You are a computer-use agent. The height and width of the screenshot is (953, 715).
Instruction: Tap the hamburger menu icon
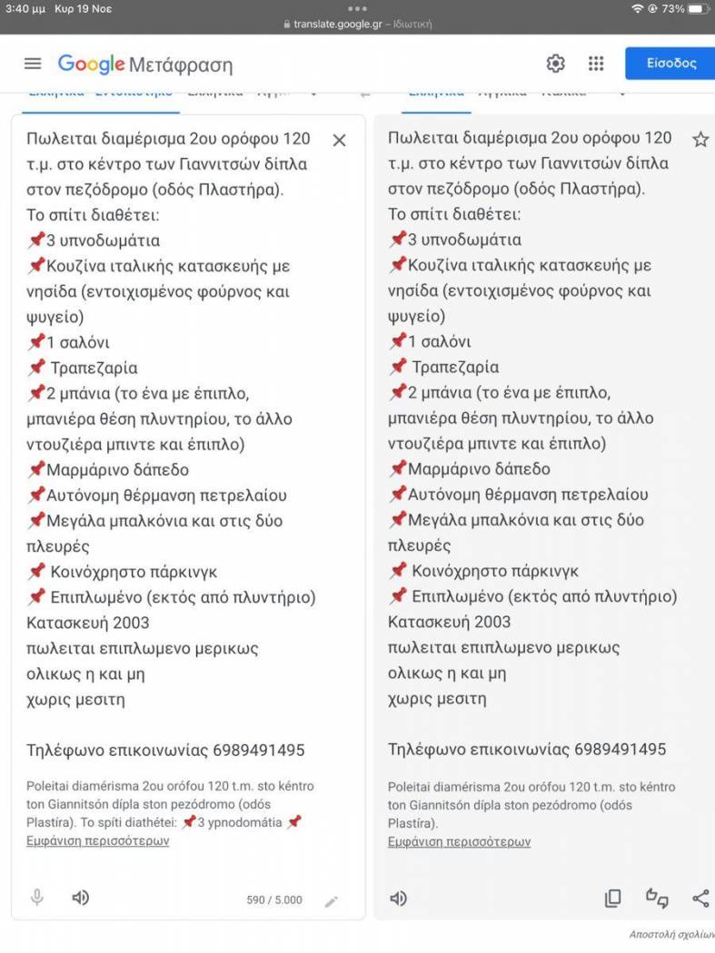tap(33, 64)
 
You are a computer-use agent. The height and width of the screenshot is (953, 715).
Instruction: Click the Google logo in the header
tap(91, 64)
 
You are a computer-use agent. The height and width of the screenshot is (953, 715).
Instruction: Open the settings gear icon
tap(555, 64)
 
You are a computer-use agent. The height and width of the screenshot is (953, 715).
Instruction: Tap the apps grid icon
tap(596, 64)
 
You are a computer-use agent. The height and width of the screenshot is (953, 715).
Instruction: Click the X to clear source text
tap(339, 140)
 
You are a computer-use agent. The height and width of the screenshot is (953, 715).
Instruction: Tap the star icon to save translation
tap(700, 140)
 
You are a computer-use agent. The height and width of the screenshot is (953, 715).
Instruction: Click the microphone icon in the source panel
tap(37, 898)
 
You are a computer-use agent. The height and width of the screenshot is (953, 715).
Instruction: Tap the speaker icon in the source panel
tap(81, 898)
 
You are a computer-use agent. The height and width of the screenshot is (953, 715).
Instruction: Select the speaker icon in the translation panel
tap(398, 899)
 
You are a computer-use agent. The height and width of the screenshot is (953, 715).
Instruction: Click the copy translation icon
tap(613, 899)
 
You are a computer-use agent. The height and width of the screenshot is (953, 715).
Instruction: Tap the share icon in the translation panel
tap(700, 899)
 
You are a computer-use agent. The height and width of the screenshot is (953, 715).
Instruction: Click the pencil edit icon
tap(332, 901)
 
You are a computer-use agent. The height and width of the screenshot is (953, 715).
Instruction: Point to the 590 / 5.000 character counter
tap(274, 900)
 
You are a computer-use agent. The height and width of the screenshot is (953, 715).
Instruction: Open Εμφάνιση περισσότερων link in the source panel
tap(97, 840)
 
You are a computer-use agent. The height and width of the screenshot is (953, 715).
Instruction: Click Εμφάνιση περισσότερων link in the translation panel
tap(459, 841)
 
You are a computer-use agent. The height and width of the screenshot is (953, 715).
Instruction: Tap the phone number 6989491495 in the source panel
tap(259, 751)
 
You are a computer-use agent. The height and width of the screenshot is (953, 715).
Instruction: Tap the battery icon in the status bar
tap(698, 8)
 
